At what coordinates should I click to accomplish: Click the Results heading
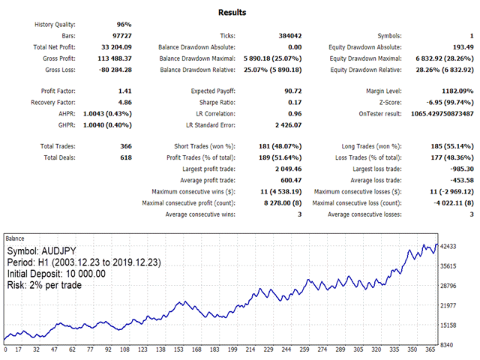point(232,12)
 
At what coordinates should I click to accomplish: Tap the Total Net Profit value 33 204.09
point(116,46)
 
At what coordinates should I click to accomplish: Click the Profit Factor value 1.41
point(124,91)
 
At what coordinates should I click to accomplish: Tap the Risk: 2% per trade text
point(46,285)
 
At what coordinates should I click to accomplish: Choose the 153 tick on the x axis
point(179,350)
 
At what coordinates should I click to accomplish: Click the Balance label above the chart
point(16,238)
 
